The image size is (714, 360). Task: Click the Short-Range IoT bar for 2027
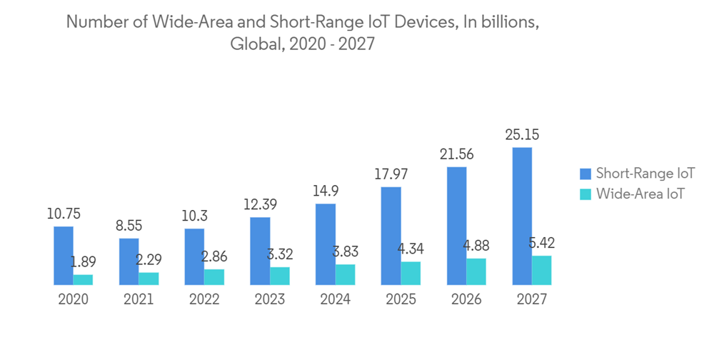(522, 216)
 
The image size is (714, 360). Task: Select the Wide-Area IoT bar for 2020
(83, 279)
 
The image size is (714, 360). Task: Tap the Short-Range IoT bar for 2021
(129, 261)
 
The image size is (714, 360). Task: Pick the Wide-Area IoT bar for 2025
(411, 273)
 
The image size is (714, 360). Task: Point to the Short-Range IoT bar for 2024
(326, 244)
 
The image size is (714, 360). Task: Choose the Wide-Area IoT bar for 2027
(542, 270)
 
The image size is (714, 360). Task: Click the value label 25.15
(522, 134)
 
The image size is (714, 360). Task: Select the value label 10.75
(64, 213)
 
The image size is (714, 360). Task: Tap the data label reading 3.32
(280, 254)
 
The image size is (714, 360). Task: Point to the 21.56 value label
(457, 154)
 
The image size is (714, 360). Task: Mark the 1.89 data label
(83, 261)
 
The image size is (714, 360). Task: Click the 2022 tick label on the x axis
(204, 299)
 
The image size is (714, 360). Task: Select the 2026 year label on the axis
(466, 299)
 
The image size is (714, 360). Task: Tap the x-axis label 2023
(270, 299)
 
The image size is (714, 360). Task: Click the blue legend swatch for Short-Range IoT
(586, 174)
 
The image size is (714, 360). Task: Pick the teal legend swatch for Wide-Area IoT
(586, 194)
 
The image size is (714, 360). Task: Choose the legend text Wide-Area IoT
(640, 194)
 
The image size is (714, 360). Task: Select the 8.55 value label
(129, 225)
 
